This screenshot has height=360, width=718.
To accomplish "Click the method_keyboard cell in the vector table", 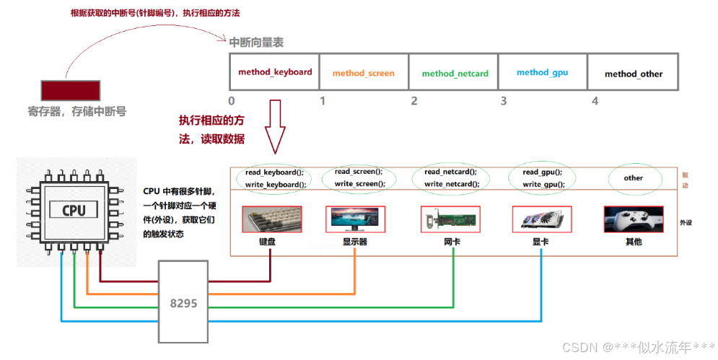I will [275, 72].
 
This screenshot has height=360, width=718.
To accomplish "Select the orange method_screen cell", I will [364, 74].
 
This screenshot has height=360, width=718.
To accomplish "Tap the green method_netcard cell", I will [455, 74].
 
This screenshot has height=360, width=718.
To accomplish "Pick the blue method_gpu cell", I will [543, 72].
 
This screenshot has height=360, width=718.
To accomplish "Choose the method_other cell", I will [633, 74].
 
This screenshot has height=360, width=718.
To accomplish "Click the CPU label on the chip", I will [73, 210].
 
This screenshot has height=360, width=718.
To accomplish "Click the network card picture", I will [451, 219].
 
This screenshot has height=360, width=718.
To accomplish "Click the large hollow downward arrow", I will [276, 126].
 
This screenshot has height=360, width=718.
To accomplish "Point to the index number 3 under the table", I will [504, 101].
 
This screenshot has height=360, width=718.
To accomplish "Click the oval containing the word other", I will [633, 177].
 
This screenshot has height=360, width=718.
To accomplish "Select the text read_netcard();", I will [452, 172].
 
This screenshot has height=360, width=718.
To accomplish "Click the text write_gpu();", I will [542, 185].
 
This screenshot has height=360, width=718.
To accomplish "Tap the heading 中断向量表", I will [256, 43].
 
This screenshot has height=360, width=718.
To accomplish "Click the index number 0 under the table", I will [232, 101].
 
